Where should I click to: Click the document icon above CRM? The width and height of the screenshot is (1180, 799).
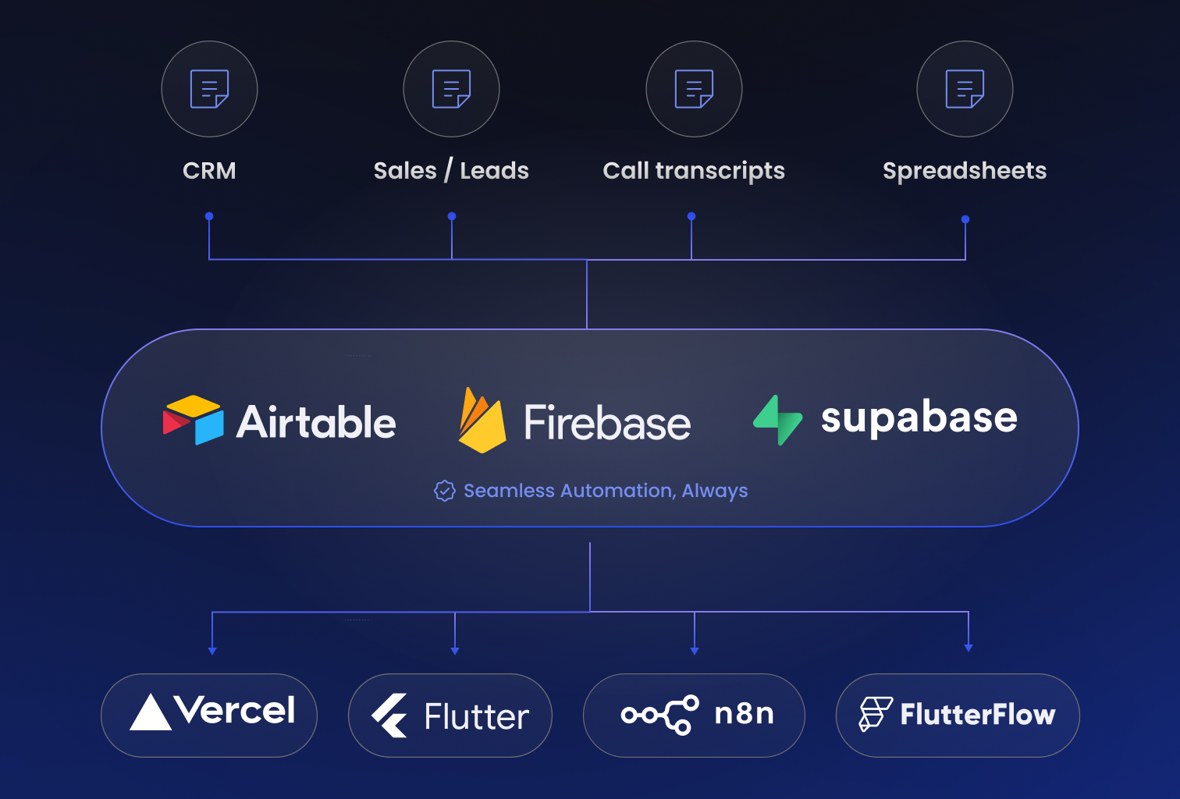coord(209,89)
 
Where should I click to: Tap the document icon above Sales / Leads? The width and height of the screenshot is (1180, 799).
coord(451,89)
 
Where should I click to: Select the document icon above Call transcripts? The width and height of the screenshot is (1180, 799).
coord(694,89)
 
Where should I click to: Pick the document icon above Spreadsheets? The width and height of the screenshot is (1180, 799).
coord(965,89)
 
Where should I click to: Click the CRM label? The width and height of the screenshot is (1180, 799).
coord(209,171)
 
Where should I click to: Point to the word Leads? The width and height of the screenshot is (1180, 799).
coord(494,171)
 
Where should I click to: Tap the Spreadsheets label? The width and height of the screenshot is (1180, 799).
coord(965,171)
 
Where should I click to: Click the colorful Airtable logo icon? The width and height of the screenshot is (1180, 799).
coord(194,420)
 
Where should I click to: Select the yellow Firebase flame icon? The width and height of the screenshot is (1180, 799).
coord(482,421)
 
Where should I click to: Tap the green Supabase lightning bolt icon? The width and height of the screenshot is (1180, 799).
coord(777,420)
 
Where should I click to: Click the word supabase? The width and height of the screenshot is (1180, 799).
coord(919,418)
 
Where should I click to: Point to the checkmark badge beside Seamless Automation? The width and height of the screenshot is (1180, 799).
coord(445,491)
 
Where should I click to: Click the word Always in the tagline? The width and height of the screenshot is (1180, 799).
coord(714,491)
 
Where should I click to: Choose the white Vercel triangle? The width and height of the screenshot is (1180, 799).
coord(151,712)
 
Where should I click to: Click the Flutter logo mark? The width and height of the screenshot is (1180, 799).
coord(389,716)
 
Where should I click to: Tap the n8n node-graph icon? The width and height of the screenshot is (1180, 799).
coord(660,715)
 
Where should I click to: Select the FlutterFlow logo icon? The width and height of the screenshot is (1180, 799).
coord(875,714)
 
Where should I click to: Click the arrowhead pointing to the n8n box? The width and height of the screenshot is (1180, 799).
coord(695,650)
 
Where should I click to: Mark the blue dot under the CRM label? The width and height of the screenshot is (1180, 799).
coord(209,216)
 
